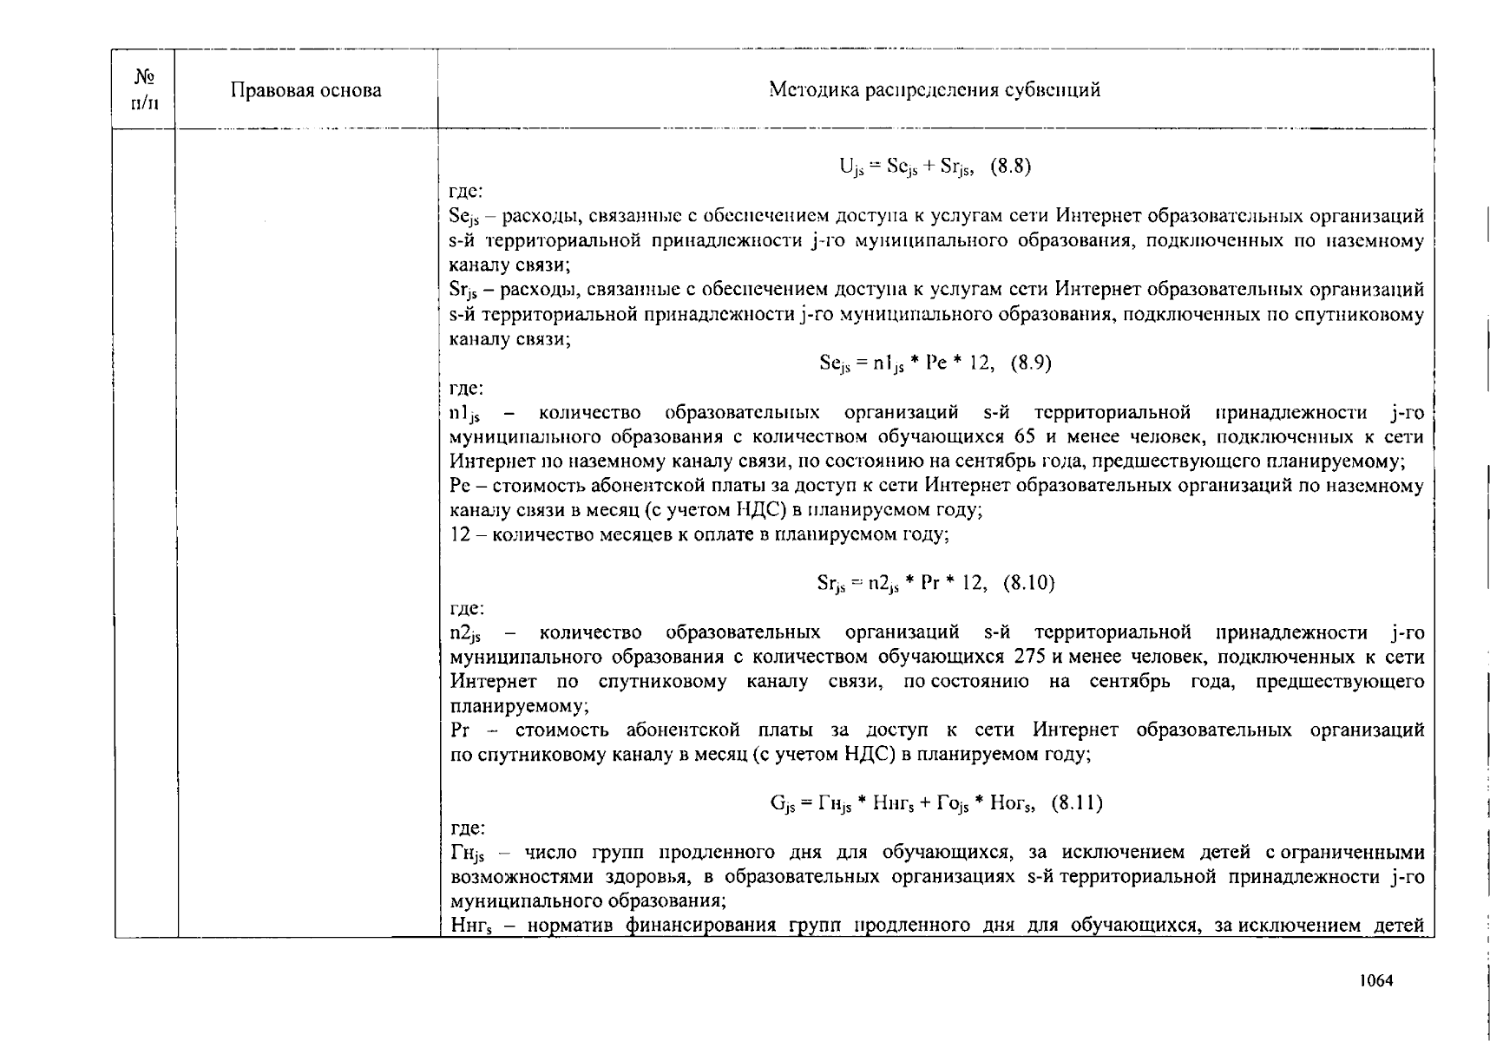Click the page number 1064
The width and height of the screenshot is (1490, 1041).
pyautogui.click(x=1375, y=981)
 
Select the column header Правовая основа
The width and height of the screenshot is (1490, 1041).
pyautogui.click(x=305, y=90)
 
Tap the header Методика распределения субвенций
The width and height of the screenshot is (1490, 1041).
pyautogui.click(x=935, y=90)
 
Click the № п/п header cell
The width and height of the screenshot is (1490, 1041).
pyautogui.click(x=144, y=90)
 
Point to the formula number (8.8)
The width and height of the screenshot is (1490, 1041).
pyautogui.click(x=1010, y=167)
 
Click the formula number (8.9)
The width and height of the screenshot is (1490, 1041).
pyautogui.click(x=1030, y=363)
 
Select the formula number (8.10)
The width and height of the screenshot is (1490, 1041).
pyautogui.click(x=1028, y=583)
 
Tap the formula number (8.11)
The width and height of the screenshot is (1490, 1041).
pyautogui.click(x=1076, y=803)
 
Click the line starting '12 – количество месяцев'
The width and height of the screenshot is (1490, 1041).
pyautogui.click(x=699, y=534)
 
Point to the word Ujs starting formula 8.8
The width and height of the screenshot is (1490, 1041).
pyautogui.click(x=851, y=167)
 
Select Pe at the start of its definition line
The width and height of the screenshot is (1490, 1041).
pyautogui.click(x=460, y=486)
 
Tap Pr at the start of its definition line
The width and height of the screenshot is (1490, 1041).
pyautogui.click(x=460, y=730)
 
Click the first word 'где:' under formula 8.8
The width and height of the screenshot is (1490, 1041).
pyautogui.click(x=466, y=191)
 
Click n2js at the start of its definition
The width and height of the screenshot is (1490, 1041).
pyautogui.click(x=465, y=634)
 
